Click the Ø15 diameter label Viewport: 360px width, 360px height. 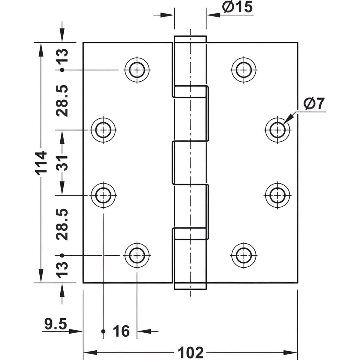click(237, 7)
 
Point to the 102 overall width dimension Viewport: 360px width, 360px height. click(190, 352)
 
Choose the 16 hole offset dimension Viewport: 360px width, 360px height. click(121, 331)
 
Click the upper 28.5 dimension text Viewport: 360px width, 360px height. click(62, 101)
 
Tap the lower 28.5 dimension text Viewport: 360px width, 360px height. click(62, 224)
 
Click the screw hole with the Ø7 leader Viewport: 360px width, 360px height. click(277, 130)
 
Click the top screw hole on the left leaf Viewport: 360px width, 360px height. click(137, 70)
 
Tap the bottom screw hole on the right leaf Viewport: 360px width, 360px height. click(244, 255)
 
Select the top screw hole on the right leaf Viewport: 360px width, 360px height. click(244, 70)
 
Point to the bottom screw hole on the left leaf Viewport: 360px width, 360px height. click(137, 255)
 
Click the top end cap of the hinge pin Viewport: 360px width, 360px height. click(190, 39)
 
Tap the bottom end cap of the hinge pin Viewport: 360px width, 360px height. click(190, 286)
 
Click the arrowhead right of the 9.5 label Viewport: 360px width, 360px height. click(76, 331)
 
